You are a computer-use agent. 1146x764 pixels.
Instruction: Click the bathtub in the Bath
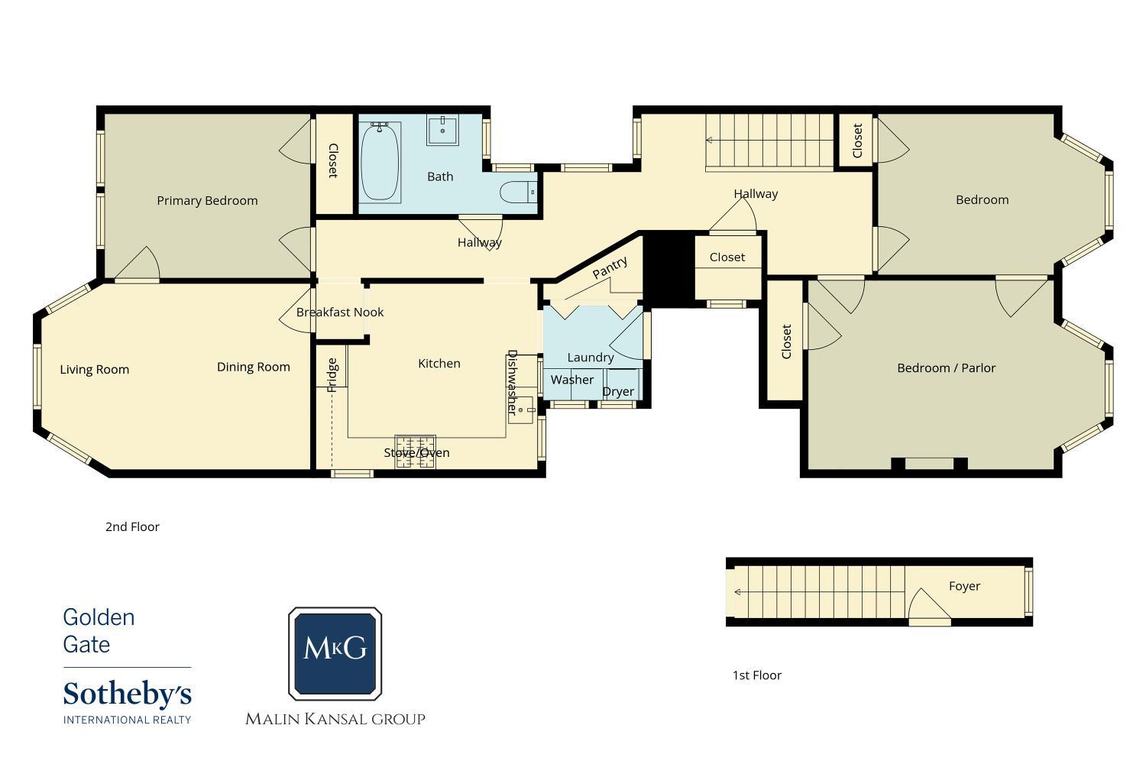[380, 162]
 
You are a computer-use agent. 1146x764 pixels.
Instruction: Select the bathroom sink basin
[442, 129]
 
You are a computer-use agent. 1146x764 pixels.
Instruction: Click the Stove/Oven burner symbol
[416, 452]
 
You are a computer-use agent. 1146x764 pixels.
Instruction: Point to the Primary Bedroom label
[207, 201]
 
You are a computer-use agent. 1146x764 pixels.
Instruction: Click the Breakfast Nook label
[340, 312]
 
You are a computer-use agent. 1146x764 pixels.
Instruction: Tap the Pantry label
[610, 267]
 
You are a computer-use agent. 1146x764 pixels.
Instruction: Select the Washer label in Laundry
[572, 380]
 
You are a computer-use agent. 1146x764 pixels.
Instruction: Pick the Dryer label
[618, 392]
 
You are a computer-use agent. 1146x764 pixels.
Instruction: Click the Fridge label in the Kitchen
[332, 375]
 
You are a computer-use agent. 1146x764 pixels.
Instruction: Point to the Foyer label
[964, 586]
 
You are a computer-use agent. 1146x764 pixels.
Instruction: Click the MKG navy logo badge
[335, 653]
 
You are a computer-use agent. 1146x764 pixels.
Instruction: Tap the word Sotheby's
[128, 695]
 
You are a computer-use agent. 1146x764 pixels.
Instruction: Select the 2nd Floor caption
[132, 526]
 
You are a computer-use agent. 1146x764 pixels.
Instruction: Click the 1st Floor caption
[756, 675]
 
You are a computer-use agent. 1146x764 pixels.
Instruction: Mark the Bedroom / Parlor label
[947, 368]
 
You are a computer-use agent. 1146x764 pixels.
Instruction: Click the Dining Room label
[253, 367]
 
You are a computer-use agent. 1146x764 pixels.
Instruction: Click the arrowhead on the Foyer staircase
[738, 592]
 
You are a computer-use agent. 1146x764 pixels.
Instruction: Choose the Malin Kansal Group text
[335, 719]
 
